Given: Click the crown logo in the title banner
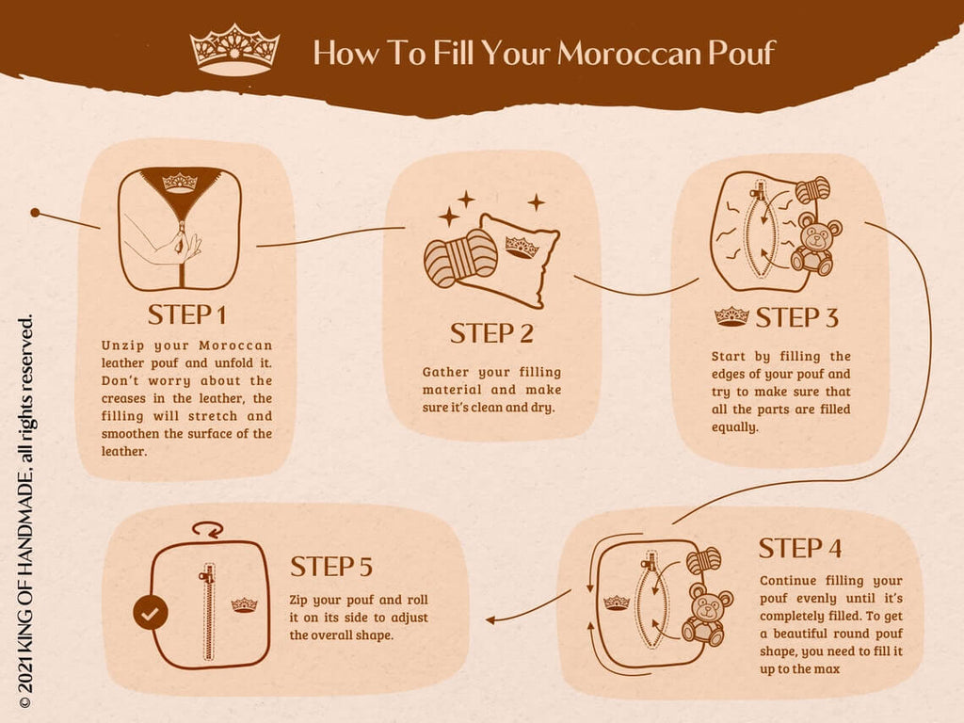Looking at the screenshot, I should click(234, 49).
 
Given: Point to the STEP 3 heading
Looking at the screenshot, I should click(795, 317).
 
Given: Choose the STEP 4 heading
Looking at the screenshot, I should click(800, 548).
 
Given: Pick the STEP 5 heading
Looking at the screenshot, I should click(331, 567).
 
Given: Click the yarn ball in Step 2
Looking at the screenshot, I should click(459, 255).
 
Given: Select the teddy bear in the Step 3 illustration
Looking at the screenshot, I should click(814, 244).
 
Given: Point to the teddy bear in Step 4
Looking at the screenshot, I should click(706, 614).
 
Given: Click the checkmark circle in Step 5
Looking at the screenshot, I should click(150, 613).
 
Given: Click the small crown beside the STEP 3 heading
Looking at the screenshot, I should click(731, 316).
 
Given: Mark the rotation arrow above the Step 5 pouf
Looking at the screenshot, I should click(206, 529).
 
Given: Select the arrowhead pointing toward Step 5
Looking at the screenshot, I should click(492, 619).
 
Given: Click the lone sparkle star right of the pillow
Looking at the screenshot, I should click(536, 201).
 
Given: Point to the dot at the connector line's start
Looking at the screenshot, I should click(35, 213).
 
